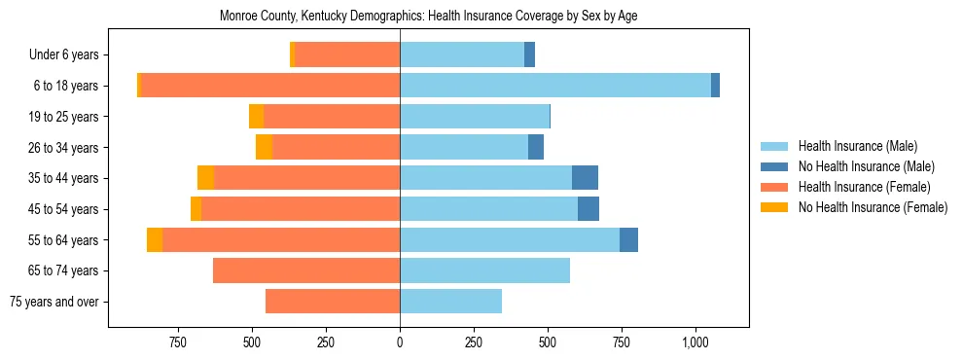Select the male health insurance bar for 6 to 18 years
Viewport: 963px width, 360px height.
[x=554, y=86]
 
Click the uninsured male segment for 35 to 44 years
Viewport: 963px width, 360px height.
[x=585, y=178]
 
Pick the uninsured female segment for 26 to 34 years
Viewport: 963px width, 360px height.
[x=264, y=147]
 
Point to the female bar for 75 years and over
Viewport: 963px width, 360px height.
[x=333, y=302]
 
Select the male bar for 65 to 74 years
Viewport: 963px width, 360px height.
[x=484, y=270]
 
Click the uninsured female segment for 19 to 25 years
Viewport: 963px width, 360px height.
[x=256, y=117]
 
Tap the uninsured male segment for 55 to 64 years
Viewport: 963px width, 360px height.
[x=628, y=239]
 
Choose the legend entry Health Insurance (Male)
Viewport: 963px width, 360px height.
[x=852, y=146]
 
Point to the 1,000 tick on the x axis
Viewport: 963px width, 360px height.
[x=695, y=342]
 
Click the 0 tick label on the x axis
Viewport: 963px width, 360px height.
[x=400, y=342]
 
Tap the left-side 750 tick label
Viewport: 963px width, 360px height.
[x=178, y=342]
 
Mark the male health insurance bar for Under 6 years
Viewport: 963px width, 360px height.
[x=462, y=54]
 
